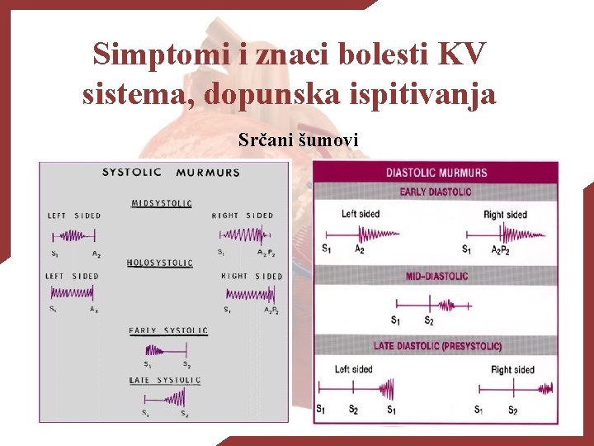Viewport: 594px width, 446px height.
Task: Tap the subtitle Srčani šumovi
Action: pyautogui.click(x=298, y=140)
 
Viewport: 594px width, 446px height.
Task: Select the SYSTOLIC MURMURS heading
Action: pyautogui.click(x=171, y=173)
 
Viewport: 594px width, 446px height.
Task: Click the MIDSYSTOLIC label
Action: pyautogui.click(x=162, y=203)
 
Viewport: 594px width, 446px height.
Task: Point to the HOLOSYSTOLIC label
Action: pyautogui.click(x=160, y=263)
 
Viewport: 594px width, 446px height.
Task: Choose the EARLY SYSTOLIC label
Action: pyautogui.click(x=168, y=330)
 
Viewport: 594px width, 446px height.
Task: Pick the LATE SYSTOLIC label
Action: pyautogui.click(x=165, y=380)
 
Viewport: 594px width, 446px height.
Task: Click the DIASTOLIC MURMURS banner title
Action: pyautogui.click(x=436, y=173)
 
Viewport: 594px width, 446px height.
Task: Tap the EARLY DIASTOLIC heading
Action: pyautogui.click(x=436, y=192)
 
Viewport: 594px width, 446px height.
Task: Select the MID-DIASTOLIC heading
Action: pyautogui.click(x=436, y=276)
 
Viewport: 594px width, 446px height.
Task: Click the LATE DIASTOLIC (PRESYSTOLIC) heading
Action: pyautogui.click(x=436, y=346)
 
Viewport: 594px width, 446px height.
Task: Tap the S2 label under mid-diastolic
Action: pyautogui.click(x=429, y=320)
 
